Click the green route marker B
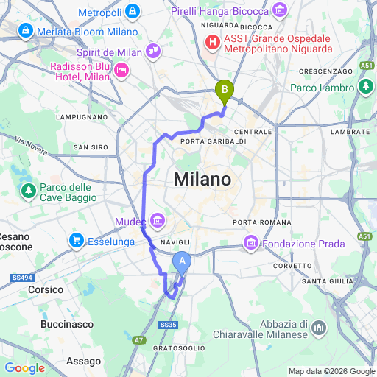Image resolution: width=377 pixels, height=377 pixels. click(x=224, y=90)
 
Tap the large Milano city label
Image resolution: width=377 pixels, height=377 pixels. click(x=202, y=179)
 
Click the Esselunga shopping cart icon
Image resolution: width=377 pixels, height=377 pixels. click(x=76, y=240)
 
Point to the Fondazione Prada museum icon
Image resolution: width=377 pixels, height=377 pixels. click(x=250, y=242)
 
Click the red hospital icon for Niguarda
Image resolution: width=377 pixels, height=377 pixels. click(x=213, y=42)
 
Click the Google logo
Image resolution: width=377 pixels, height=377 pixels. click(x=25, y=368)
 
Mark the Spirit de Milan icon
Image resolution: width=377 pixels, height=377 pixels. click(x=153, y=51)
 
